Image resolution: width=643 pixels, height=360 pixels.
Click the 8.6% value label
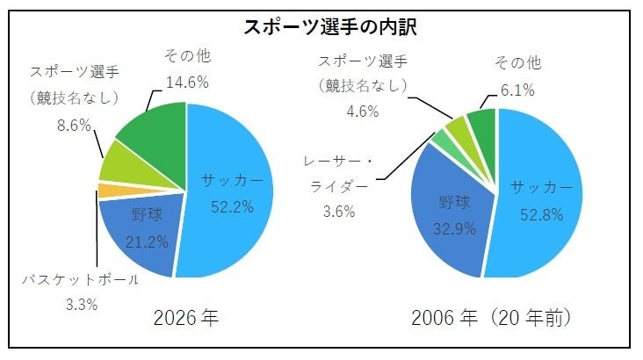74,125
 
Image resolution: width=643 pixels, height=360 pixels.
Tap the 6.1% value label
517,90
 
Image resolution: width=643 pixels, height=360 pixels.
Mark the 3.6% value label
339,211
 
